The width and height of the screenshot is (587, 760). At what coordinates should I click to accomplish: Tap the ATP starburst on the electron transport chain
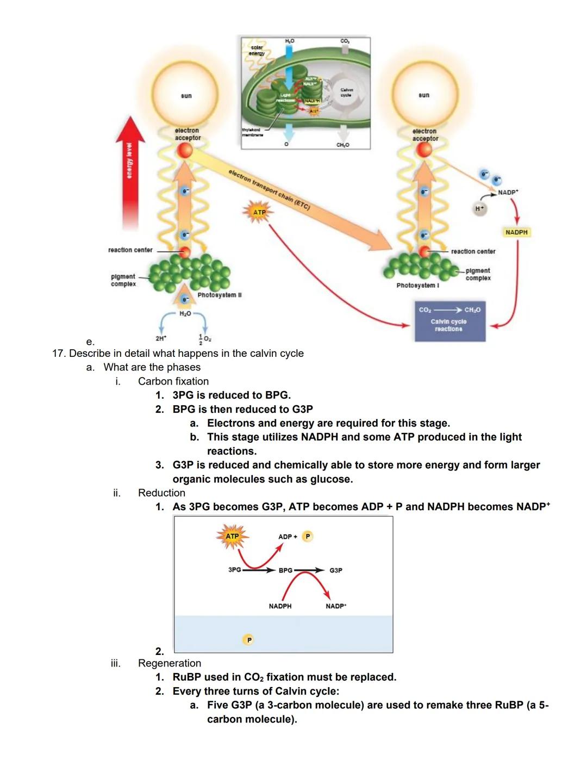click(259, 212)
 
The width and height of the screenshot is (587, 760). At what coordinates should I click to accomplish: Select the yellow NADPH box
click(516, 232)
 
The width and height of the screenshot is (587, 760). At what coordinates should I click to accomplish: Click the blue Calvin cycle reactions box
click(449, 322)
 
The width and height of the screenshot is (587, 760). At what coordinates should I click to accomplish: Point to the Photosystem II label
click(220, 295)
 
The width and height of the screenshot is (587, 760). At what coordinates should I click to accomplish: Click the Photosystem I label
click(417, 285)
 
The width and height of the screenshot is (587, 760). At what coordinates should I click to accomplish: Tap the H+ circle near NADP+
click(479, 208)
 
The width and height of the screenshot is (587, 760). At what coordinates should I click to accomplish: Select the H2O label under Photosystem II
click(185, 314)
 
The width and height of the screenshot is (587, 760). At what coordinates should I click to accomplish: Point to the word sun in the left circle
click(186, 96)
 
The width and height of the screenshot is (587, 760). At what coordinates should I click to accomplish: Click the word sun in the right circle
click(424, 95)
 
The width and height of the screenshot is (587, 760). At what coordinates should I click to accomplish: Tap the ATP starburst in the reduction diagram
click(232, 536)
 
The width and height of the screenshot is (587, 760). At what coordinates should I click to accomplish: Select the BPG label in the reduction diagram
click(285, 570)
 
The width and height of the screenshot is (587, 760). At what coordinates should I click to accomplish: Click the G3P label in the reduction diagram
click(336, 570)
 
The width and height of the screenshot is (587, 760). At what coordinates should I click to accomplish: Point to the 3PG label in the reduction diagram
click(234, 570)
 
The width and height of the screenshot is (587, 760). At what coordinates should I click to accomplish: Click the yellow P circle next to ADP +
click(308, 536)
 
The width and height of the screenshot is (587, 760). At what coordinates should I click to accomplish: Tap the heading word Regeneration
click(169, 663)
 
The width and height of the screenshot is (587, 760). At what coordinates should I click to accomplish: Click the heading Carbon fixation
click(173, 381)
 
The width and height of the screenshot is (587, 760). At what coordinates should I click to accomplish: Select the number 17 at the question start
click(58, 354)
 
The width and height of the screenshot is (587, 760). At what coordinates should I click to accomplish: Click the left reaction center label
click(130, 250)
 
